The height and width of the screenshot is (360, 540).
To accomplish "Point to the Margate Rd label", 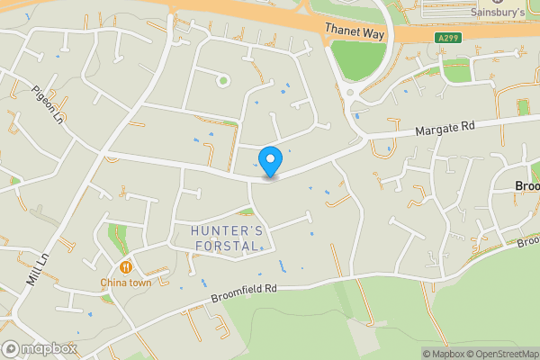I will coord(445,128).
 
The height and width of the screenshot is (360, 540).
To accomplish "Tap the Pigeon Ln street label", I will coord(48,103).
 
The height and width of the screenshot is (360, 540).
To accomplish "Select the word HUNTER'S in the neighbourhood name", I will coord(228,231).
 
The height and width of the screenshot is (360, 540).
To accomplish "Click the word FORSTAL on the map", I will coord(228,246).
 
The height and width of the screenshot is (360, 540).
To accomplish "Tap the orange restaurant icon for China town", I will coord(125,266).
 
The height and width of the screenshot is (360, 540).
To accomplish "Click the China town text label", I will coord(125,283).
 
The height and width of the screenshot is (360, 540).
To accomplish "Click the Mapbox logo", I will coord(40,348).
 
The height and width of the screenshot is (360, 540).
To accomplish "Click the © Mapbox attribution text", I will coord(443,354).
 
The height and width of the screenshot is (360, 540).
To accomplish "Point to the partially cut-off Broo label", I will coord(526,186).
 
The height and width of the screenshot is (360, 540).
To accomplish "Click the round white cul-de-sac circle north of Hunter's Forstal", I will coord(221,81).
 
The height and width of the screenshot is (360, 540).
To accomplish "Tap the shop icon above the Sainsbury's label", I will coord(498,1).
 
